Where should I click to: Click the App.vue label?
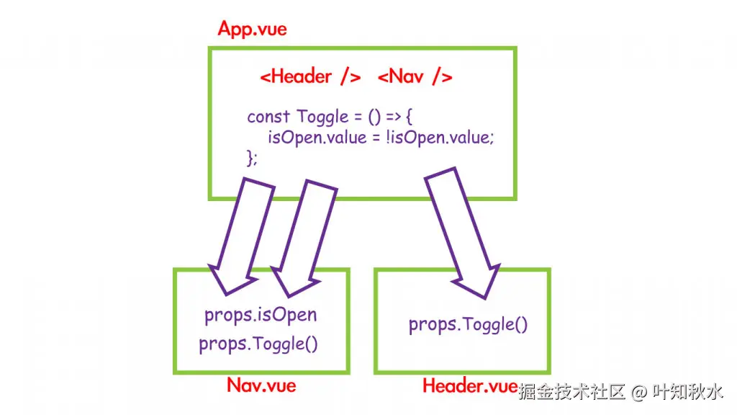coord(252,30)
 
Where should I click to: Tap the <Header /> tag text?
coord(310,77)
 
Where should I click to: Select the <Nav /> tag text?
coord(415,77)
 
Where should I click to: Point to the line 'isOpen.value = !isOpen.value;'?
coord(381,138)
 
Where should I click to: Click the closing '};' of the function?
coord(252,158)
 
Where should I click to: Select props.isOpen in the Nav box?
coord(261,315)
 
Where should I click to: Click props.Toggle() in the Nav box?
coord(258,344)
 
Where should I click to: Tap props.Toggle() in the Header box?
coord(469,324)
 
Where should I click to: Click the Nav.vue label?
coord(261,385)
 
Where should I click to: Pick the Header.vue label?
coord(469,386)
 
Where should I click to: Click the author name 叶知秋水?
coord(687,392)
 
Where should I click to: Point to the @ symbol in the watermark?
coord(638,393)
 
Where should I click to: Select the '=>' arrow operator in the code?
coord(385,117)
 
